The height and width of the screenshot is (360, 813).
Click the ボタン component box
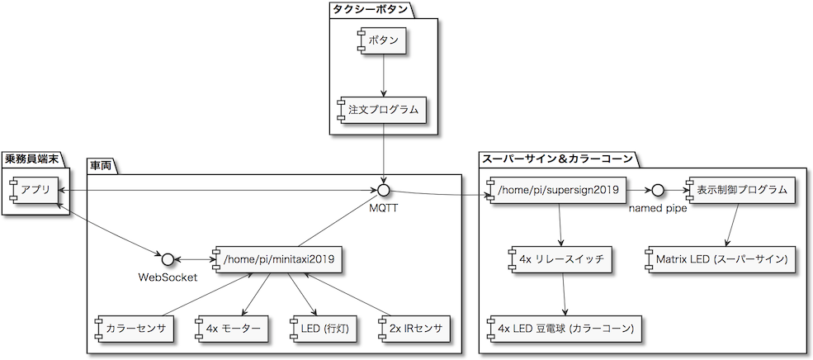[383, 40]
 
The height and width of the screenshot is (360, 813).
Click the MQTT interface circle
[383, 191]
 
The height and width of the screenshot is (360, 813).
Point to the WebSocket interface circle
[167, 258]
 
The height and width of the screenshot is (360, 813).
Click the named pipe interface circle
[658, 191]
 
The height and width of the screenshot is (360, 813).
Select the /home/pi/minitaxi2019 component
[276, 258]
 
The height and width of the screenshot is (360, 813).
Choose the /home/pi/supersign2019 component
[558, 191]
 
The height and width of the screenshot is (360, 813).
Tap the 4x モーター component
[231, 328]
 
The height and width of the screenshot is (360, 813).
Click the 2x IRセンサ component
[414, 328]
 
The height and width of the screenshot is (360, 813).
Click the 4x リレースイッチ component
[561, 258]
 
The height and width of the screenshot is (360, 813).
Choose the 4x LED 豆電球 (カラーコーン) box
[565, 328]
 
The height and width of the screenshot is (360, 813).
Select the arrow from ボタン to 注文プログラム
[383, 75]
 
